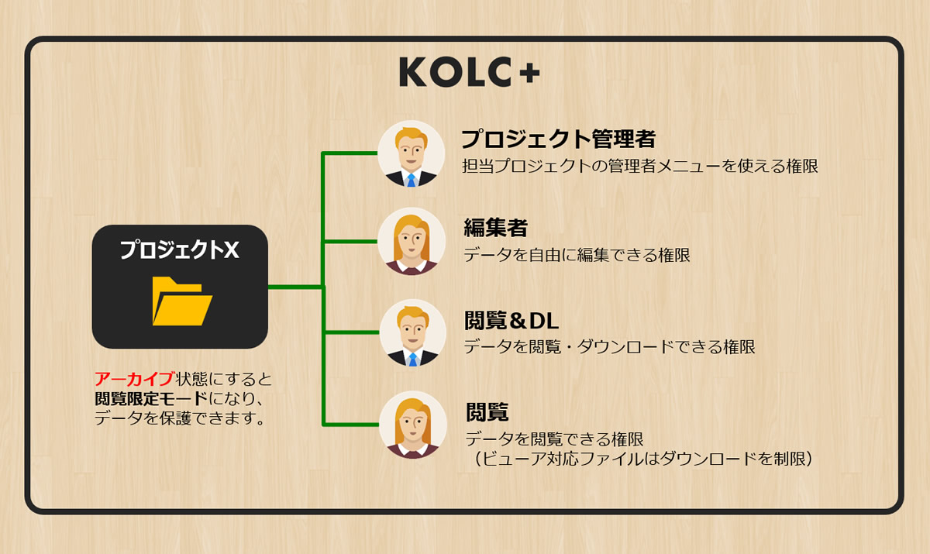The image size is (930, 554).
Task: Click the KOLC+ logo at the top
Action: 469,72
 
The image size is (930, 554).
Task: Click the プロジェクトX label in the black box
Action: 179,249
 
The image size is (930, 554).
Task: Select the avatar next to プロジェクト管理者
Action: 412,153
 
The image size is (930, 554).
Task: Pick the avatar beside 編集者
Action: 412,242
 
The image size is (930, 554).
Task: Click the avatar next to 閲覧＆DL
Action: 412,333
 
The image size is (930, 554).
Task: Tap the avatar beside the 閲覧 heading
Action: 412,424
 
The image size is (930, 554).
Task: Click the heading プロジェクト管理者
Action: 558,139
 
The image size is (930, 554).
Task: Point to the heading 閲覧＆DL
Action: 511,319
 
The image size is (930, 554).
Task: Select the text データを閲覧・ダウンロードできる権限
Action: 609,346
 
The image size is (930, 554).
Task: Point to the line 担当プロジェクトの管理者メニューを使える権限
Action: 639,166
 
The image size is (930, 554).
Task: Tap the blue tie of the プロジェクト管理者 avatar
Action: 412,181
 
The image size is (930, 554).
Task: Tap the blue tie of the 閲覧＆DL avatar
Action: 412,360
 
